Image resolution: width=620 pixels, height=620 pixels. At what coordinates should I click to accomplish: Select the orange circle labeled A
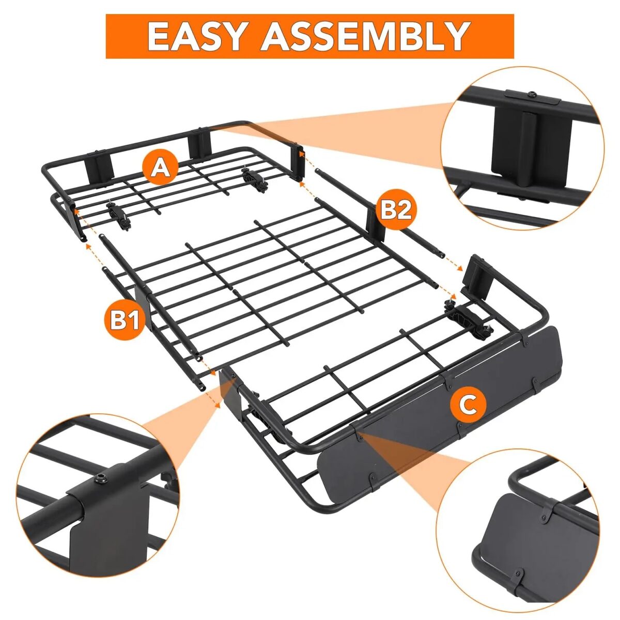tap(161, 167)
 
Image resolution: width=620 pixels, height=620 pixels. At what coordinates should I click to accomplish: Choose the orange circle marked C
tap(468, 405)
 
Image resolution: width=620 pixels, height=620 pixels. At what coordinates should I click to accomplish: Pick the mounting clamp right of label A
tap(254, 179)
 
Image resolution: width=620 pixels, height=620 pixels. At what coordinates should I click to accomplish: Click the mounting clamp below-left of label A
tap(118, 216)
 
